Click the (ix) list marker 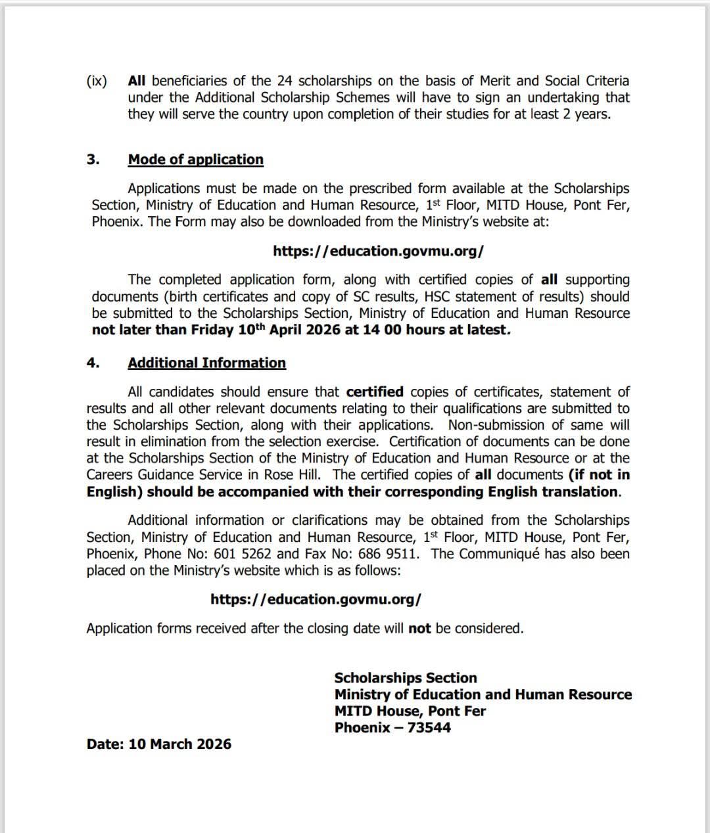click(x=97, y=81)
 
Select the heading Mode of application click(x=195, y=160)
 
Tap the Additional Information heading click(x=206, y=363)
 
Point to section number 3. click(x=93, y=160)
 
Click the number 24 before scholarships click(x=283, y=81)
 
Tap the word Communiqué click(x=499, y=554)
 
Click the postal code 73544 click(x=429, y=728)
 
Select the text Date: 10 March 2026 click(x=158, y=744)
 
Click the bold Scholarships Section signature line click(x=405, y=678)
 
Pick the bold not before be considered click(x=419, y=629)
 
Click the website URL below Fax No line click(x=316, y=600)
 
